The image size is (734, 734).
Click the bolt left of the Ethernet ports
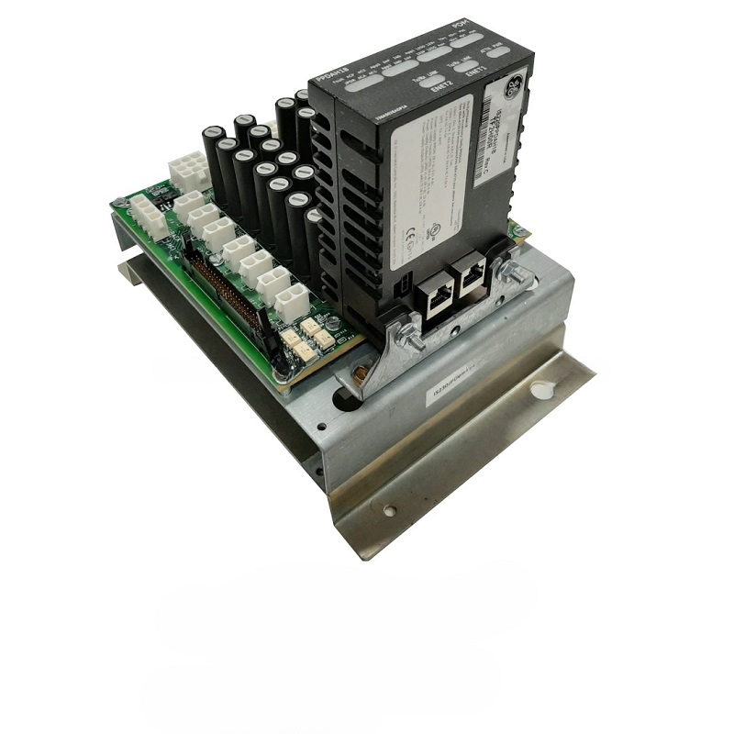[409, 339]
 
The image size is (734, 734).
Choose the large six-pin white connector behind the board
[188, 172]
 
